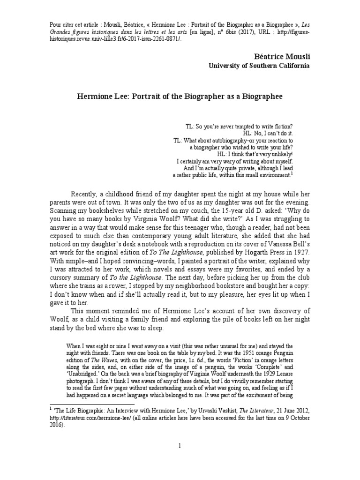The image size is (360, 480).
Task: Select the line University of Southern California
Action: click(259, 66)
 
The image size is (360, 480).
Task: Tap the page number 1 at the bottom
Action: click(180, 445)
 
